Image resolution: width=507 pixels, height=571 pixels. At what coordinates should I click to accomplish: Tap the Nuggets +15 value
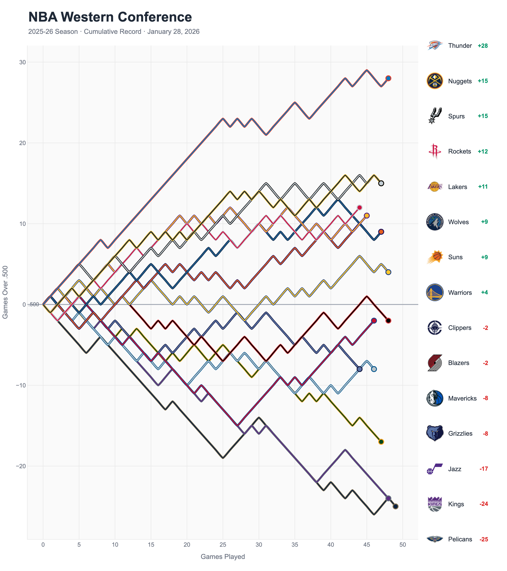pyautogui.click(x=482, y=81)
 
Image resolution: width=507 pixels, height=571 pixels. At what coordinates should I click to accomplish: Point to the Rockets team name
pyautogui.click(x=459, y=151)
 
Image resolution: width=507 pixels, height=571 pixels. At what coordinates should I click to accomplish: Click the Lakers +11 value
pyautogui.click(x=483, y=187)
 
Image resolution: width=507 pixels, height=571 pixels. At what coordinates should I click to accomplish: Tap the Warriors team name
pyautogui.click(x=460, y=292)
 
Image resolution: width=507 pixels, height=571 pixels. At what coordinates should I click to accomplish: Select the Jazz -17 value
pyautogui.click(x=484, y=469)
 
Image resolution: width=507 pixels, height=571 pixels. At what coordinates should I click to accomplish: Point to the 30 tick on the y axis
pyautogui.click(x=22, y=62)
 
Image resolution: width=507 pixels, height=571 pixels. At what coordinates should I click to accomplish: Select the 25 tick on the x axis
pyautogui.click(x=223, y=545)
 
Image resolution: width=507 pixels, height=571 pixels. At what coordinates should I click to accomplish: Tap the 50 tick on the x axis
pyautogui.click(x=403, y=545)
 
